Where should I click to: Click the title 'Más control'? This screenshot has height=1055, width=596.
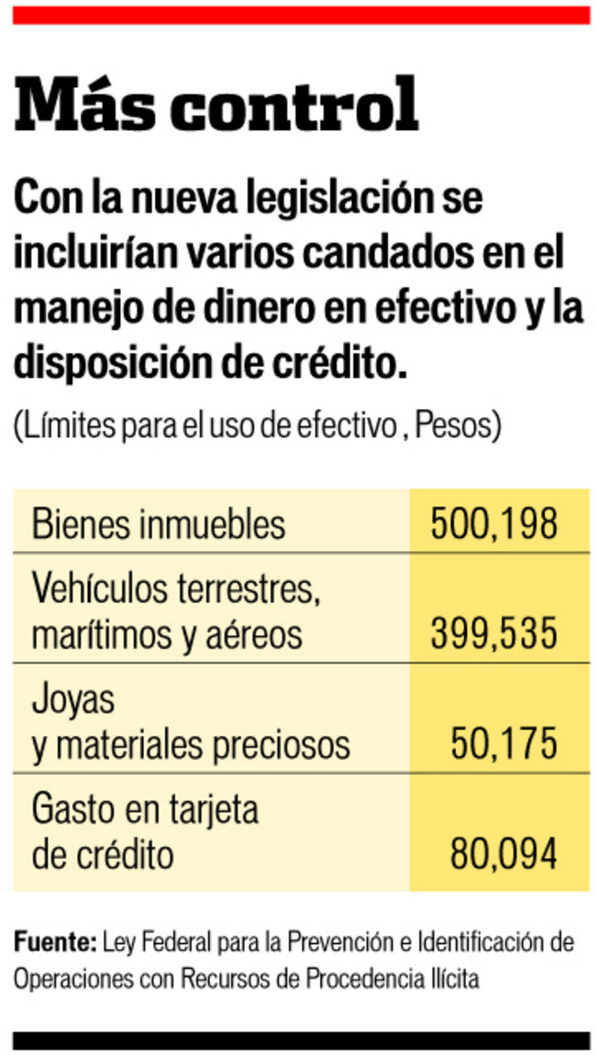216,104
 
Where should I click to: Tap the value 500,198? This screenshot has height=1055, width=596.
494,524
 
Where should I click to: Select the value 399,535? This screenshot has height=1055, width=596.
494,633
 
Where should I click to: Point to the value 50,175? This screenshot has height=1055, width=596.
503,744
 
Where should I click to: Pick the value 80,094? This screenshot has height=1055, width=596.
503,854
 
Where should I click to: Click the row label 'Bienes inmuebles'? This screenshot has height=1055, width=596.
159,524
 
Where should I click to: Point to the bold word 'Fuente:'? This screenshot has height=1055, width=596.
55,941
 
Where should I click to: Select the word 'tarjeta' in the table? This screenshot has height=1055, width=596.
215,810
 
